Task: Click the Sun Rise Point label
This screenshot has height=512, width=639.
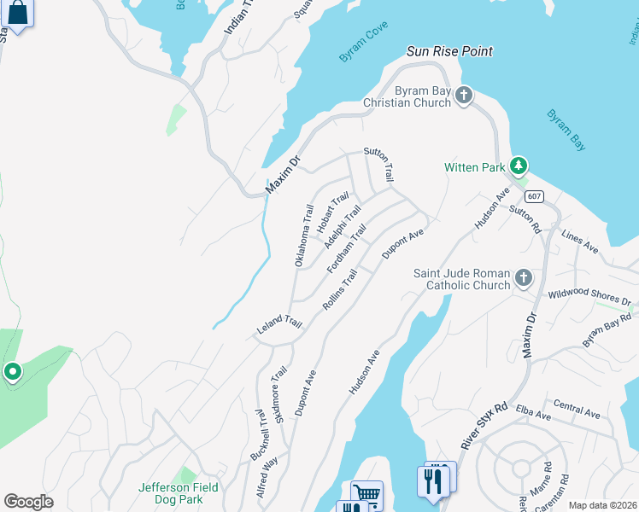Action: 449,51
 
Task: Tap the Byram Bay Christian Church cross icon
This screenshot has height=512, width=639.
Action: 464,95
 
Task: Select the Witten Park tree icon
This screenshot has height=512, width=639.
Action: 517,166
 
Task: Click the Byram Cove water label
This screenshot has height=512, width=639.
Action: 363,42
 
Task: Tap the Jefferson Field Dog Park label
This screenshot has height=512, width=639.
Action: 179,493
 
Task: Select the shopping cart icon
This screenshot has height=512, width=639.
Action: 366,494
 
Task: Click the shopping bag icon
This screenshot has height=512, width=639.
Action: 19,13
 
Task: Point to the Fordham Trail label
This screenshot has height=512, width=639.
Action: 346,249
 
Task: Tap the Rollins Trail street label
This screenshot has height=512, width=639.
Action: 338,290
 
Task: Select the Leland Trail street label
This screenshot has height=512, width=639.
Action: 279,325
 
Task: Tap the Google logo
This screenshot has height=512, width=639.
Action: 28,502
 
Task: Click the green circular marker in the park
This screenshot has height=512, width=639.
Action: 13,372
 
